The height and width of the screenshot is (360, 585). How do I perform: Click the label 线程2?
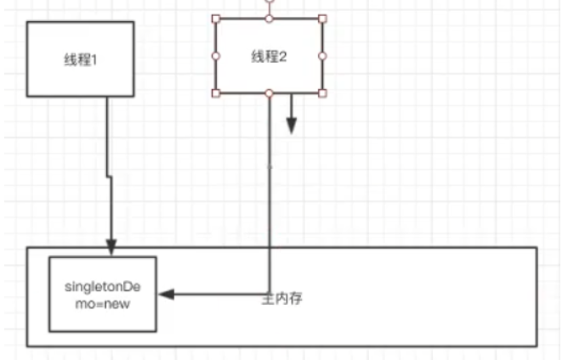270,56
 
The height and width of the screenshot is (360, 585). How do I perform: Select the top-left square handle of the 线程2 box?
216,18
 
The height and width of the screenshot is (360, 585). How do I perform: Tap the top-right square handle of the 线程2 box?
323,18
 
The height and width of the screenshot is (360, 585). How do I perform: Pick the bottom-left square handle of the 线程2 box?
216,93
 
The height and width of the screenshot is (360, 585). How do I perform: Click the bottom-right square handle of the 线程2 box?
323,93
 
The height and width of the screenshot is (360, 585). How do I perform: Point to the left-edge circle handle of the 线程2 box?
216,56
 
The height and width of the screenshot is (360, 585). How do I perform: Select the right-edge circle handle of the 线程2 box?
323,56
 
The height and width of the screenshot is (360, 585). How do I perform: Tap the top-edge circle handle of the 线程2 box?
270,18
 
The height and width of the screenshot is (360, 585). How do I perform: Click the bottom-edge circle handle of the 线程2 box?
270,93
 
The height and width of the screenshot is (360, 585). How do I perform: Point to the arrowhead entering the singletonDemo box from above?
111,249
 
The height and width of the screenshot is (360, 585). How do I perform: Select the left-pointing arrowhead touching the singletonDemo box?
166,295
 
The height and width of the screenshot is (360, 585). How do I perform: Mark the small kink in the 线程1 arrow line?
109,176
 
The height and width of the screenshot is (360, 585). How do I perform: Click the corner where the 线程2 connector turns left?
270,295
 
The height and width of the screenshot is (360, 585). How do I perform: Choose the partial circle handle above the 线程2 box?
270,3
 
